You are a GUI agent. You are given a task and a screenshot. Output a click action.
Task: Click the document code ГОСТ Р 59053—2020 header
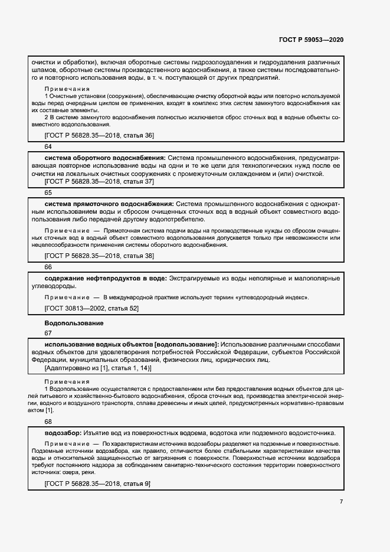click(x=311, y=40)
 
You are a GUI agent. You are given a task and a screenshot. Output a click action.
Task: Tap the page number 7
click(x=341, y=502)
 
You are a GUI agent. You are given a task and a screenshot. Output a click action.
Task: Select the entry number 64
click(x=48, y=146)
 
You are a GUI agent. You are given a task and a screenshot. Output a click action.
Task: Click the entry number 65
click(x=48, y=192)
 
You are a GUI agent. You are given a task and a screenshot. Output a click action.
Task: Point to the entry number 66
click(x=48, y=267)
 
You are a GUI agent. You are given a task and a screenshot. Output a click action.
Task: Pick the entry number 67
click(x=48, y=333)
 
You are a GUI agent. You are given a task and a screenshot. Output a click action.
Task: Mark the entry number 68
click(x=48, y=422)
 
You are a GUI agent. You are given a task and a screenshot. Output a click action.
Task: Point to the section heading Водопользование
click(x=74, y=323)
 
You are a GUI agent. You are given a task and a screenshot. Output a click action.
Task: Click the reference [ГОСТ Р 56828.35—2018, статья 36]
click(x=99, y=136)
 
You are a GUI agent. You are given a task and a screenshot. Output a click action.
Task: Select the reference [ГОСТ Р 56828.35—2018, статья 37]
click(x=99, y=182)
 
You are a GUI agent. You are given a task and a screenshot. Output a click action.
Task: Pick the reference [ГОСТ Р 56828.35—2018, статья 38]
click(x=99, y=256)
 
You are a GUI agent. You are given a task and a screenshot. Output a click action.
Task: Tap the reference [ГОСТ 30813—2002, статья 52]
click(x=91, y=308)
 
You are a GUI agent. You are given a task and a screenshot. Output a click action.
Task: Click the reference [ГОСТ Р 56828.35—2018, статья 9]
click(x=97, y=484)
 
